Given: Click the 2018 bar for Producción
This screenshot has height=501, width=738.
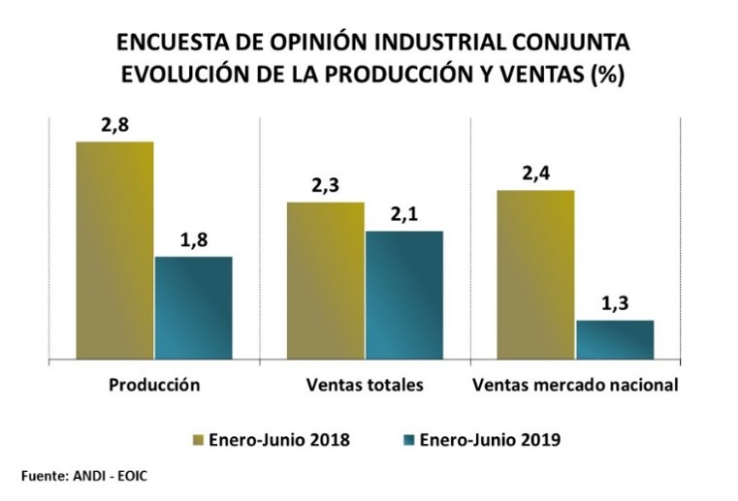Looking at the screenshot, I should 114,250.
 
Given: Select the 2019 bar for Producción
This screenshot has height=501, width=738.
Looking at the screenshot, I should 193,307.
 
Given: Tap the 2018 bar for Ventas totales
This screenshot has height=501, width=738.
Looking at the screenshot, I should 325,280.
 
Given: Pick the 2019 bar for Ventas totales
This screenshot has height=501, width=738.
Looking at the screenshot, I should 403,295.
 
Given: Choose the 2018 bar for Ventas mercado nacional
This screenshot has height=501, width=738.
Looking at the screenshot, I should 535,274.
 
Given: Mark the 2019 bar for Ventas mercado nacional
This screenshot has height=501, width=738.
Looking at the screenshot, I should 615,339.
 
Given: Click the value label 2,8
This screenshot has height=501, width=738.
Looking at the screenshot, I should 114,125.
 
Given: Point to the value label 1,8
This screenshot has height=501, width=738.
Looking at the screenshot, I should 194,239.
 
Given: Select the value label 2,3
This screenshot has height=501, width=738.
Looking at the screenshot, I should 325,185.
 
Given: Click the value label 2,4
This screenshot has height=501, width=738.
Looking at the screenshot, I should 535,173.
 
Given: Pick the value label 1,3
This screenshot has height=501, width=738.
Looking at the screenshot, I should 615,303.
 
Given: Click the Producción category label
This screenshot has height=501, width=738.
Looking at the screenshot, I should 154,385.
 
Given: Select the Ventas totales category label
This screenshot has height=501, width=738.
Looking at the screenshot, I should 365,385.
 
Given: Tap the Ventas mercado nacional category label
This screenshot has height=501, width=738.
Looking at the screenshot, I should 574,385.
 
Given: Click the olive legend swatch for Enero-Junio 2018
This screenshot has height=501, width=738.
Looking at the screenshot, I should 200,440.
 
